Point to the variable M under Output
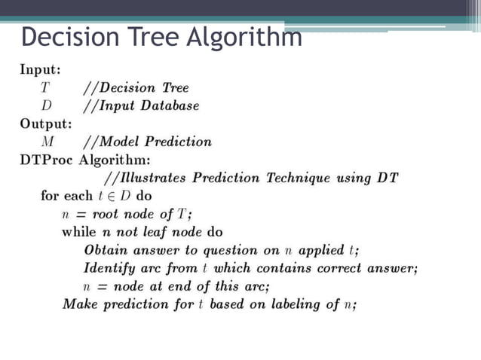coord(47,142)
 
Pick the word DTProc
coord(47,160)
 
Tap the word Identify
coord(109,268)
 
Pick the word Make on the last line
coord(78,304)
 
